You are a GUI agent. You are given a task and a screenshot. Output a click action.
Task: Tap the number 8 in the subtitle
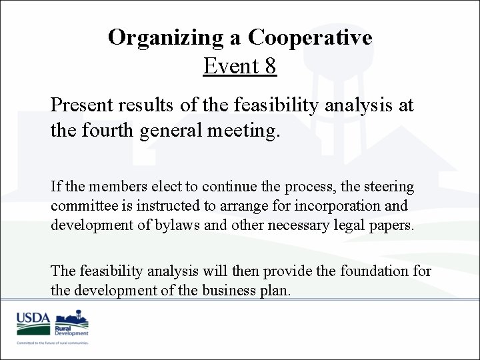pos(269,66)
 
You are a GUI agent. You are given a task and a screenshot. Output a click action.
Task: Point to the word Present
pos(82,105)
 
